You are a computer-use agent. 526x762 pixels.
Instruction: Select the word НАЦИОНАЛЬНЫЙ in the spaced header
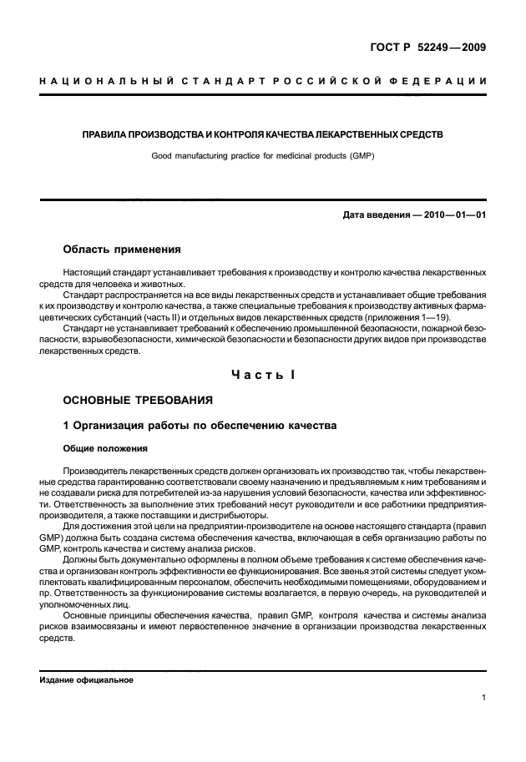[x=103, y=80]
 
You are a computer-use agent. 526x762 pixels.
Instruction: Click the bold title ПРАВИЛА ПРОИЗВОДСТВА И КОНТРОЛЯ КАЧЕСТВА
[x=262, y=134]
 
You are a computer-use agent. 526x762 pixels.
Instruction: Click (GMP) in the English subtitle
[x=362, y=155]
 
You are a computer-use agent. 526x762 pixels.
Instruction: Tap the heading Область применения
[x=122, y=250]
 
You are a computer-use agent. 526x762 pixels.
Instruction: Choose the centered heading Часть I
[x=262, y=375]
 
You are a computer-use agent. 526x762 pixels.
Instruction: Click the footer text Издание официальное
[x=87, y=679]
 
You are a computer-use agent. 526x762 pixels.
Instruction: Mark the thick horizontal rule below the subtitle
[x=262, y=198]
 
